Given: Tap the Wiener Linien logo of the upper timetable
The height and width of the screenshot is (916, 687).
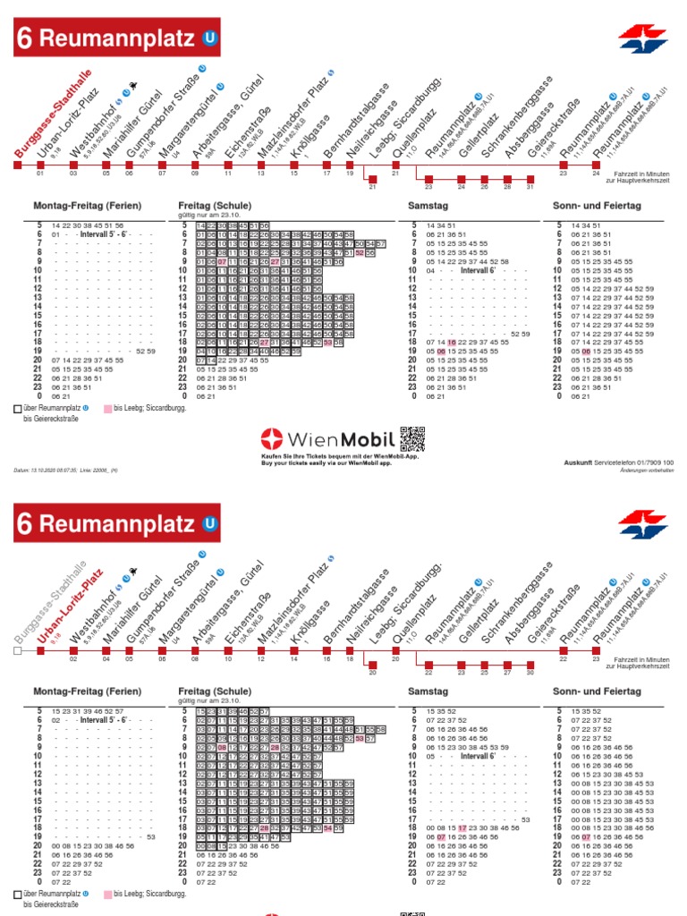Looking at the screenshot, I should click(x=642, y=38).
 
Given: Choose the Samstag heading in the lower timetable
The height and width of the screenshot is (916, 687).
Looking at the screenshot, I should click(x=427, y=691).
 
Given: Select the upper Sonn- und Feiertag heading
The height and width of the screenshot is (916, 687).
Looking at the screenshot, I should click(x=598, y=206).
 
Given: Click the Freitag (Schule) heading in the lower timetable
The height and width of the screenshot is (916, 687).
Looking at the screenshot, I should click(x=216, y=691).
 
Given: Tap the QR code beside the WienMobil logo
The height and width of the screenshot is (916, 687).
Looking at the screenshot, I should click(x=412, y=438).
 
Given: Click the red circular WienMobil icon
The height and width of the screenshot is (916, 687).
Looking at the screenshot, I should click(x=271, y=439).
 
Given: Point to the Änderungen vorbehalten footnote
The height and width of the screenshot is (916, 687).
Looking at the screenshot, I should click(x=647, y=471).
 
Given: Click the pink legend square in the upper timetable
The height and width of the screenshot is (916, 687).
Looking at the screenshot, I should click(x=106, y=409).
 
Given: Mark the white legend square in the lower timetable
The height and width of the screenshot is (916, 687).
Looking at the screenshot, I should click(x=19, y=895).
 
